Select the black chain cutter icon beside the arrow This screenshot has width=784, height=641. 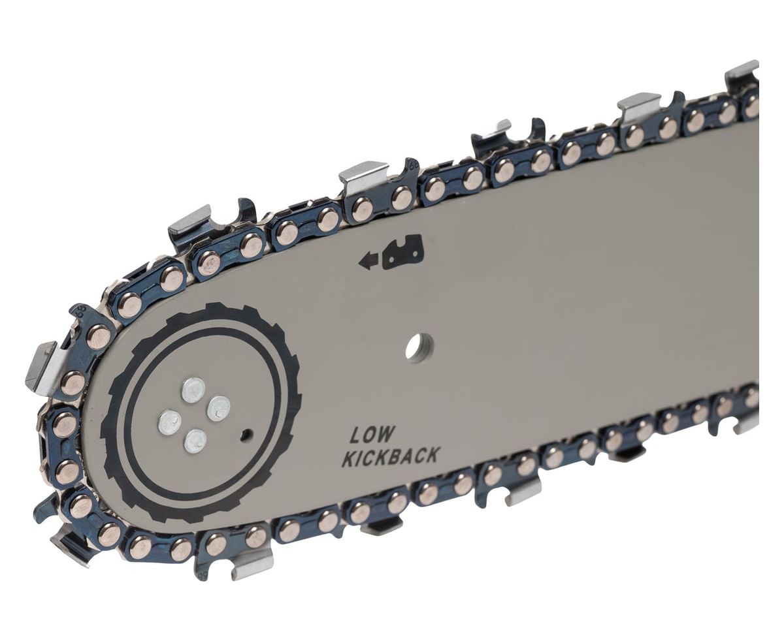[402, 252]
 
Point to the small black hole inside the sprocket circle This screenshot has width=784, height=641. [246, 433]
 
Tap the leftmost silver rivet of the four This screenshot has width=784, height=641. [170, 422]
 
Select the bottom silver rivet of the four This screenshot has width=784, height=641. [195, 441]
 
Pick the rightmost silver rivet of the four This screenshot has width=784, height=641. [218, 409]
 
